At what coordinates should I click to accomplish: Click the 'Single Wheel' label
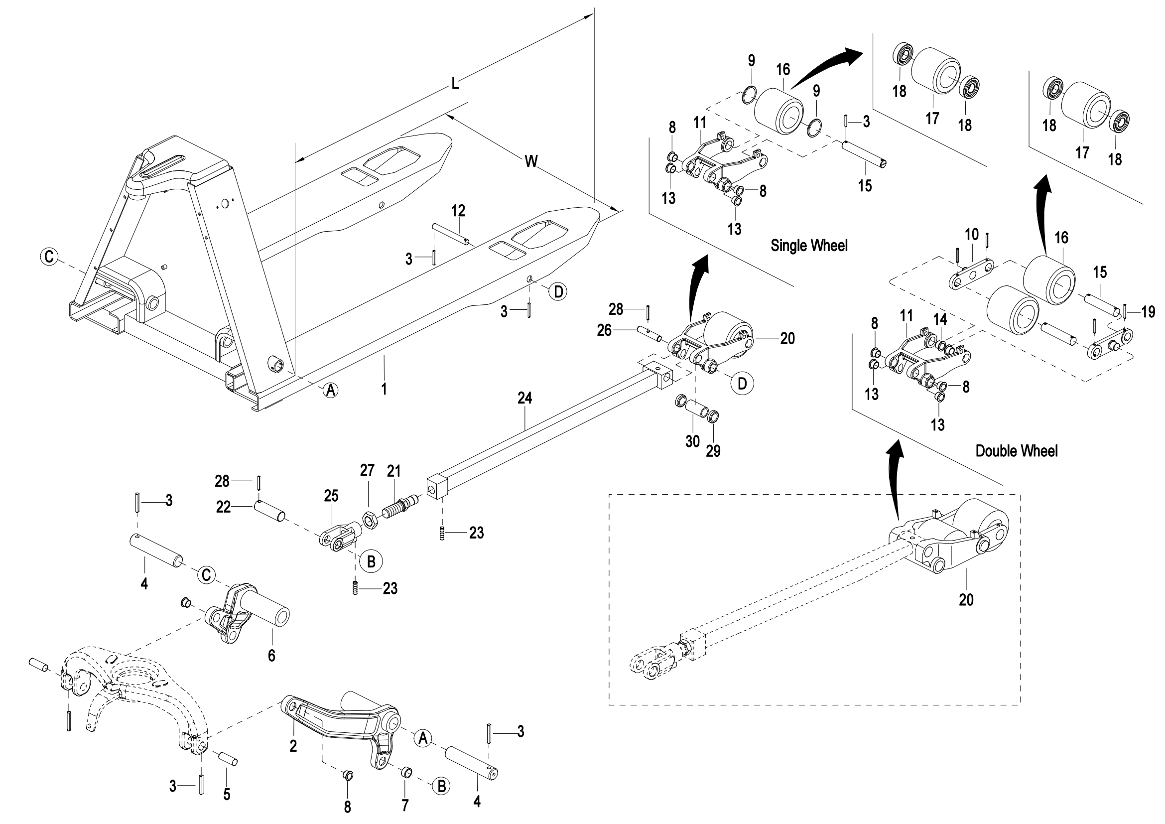(x=809, y=246)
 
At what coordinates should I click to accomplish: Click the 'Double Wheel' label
(x=1017, y=450)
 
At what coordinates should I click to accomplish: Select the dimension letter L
(x=455, y=84)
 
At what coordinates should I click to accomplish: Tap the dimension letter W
(x=531, y=161)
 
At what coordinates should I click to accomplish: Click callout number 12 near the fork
(x=458, y=210)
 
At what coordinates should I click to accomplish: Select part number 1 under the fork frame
(x=384, y=389)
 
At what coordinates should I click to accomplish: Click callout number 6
(x=271, y=656)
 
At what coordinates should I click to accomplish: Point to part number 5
(x=227, y=795)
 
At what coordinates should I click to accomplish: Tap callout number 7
(x=405, y=805)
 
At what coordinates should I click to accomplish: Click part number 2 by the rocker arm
(x=293, y=746)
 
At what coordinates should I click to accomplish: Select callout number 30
(x=693, y=441)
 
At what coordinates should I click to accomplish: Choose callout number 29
(x=713, y=450)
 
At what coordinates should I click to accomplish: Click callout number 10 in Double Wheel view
(x=971, y=235)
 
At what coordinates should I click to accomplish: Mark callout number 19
(x=1148, y=311)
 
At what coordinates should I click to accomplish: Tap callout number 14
(x=940, y=319)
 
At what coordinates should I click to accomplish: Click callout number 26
(x=604, y=330)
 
